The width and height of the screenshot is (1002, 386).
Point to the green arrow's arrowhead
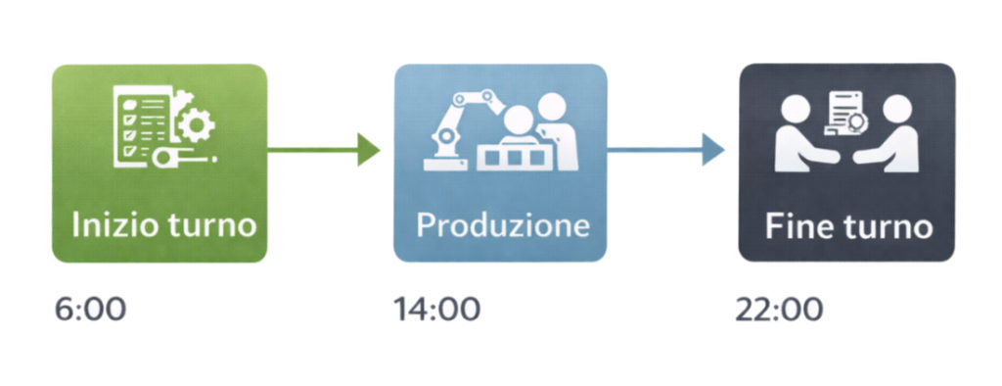[x=369, y=150]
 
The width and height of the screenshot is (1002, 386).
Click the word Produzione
[x=502, y=224]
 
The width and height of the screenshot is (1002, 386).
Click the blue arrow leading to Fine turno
[x=665, y=150]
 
